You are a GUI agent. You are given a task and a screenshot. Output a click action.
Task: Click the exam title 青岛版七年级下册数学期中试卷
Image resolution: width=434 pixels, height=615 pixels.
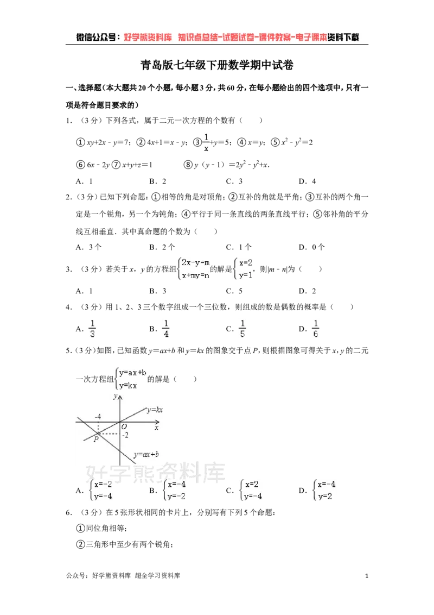coord(217,65)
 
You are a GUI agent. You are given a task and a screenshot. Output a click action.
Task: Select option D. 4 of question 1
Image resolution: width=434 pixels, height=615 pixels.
coord(307,181)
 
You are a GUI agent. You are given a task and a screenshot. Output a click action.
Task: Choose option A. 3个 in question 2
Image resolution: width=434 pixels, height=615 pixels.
coord(88,247)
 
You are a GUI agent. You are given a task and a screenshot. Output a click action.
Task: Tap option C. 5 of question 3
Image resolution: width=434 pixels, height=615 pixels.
coord(234,291)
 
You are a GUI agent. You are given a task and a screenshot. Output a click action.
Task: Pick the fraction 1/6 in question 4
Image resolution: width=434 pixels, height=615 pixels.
coord(315,329)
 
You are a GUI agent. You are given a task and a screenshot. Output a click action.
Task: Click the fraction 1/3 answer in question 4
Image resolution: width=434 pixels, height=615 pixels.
coord(92,329)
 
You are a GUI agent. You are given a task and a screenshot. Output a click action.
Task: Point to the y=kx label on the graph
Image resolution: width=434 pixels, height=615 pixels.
coord(155,410)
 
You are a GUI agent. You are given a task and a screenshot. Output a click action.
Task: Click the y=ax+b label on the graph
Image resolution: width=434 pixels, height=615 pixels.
coord(146,455)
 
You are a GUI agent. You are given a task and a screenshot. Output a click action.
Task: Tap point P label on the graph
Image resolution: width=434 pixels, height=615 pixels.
coord(96,440)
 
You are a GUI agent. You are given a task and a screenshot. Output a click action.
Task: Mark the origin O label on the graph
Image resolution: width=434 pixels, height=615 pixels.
coord(124,426)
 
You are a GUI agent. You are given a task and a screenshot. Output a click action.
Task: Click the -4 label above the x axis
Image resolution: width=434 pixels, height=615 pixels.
coord(98,417)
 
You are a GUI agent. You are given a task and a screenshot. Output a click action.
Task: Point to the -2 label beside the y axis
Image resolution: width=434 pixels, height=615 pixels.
coord(125,435)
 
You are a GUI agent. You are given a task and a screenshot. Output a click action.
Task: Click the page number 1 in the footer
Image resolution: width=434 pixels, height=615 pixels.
coord(367,576)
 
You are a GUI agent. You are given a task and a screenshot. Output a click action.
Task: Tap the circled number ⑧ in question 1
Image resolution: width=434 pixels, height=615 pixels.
coord(188,165)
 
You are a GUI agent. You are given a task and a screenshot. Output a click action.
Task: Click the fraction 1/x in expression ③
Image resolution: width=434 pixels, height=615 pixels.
coord(206,142)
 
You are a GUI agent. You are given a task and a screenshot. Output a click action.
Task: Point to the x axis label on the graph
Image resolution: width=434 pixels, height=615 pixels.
coord(156,428)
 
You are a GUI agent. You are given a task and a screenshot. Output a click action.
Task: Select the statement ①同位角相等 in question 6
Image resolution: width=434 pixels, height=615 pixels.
coord(101,528)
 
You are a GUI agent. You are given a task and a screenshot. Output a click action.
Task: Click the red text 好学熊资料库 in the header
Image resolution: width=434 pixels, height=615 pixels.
coord(148,37)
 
